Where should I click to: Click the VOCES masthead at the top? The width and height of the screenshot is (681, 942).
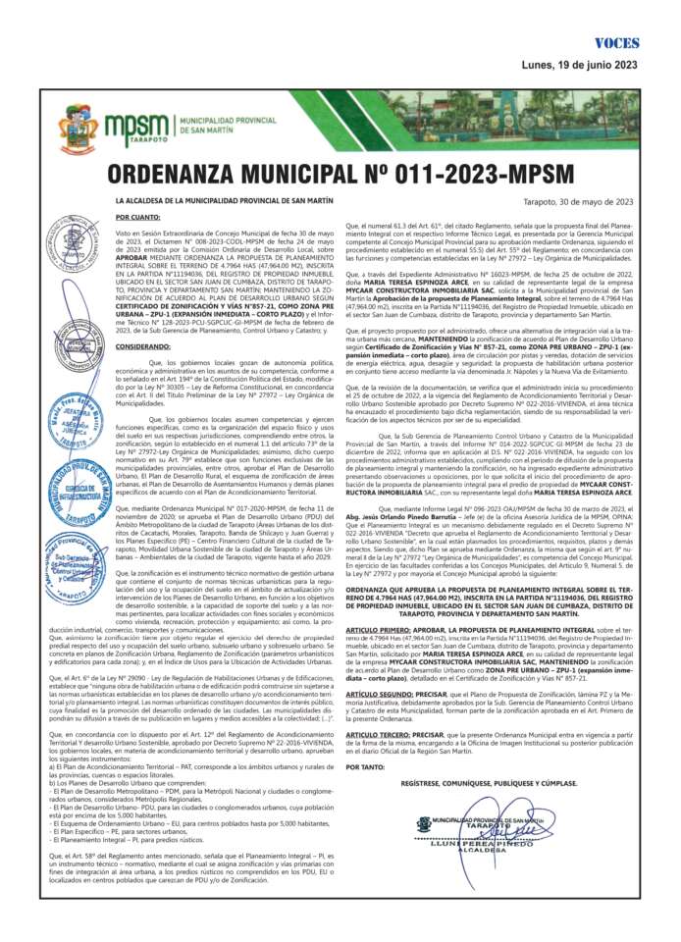tap(616, 44)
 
